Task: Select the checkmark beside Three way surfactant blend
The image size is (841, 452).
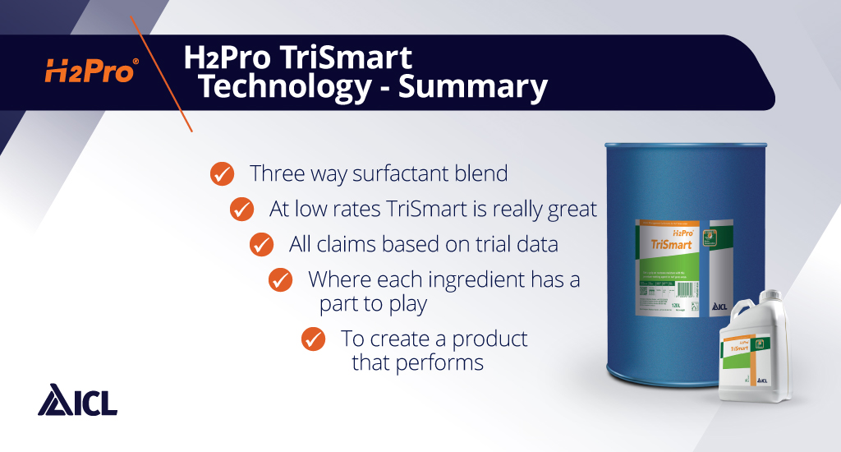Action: coord(221,173)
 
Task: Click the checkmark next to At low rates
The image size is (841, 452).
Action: coord(241,209)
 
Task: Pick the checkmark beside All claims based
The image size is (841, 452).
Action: coord(261,244)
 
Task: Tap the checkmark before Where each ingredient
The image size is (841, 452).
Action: coord(281,279)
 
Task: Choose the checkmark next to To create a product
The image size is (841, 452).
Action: coord(313,339)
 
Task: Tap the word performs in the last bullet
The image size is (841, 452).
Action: coord(443,362)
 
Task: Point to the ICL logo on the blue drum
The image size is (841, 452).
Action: coord(718,307)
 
